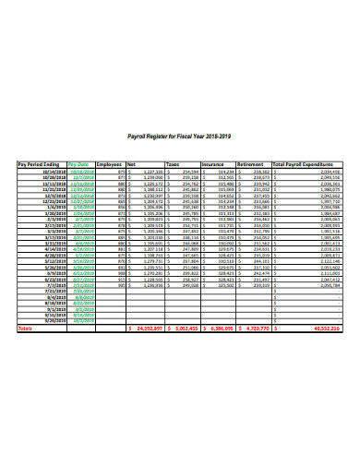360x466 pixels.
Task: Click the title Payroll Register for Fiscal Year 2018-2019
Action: click(179, 136)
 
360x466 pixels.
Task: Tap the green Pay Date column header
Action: click(81, 163)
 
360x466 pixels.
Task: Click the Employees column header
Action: click(110, 163)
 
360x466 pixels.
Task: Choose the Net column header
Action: click(132, 163)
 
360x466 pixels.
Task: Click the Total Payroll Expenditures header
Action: click(308, 163)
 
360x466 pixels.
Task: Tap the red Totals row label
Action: click(26, 328)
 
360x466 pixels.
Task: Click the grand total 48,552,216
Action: click(323, 328)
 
